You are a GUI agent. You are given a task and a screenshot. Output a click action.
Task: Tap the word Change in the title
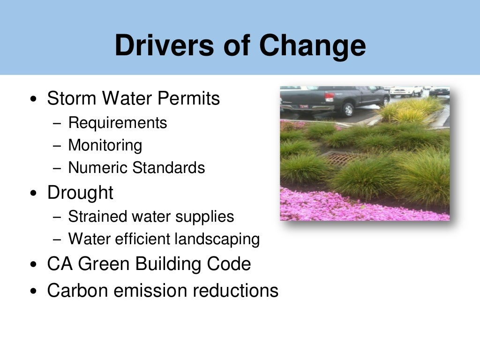coord(313,45)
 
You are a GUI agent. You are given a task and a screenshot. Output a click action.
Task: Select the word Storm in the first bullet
coord(72,98)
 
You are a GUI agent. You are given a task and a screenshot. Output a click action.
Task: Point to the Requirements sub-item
coord(118,123)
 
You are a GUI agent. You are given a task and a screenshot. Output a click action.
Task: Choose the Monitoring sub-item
coord(105,145)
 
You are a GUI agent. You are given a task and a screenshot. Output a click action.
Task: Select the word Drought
coord(80,193)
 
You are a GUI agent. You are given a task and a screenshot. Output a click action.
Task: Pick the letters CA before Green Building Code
coord(60,264)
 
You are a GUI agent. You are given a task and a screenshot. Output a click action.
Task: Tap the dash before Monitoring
coord(57,146)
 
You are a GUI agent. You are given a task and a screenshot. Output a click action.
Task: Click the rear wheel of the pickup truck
coord(348,109)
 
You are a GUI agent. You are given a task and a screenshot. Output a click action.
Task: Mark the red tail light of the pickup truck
coord(330,97)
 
